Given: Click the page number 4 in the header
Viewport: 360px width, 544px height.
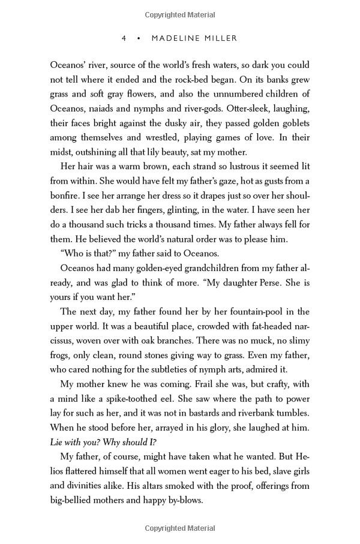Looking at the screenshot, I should [124, 38].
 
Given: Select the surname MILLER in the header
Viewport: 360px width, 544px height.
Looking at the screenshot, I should [221, 38].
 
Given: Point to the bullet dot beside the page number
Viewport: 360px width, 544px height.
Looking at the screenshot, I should [139, 38].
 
